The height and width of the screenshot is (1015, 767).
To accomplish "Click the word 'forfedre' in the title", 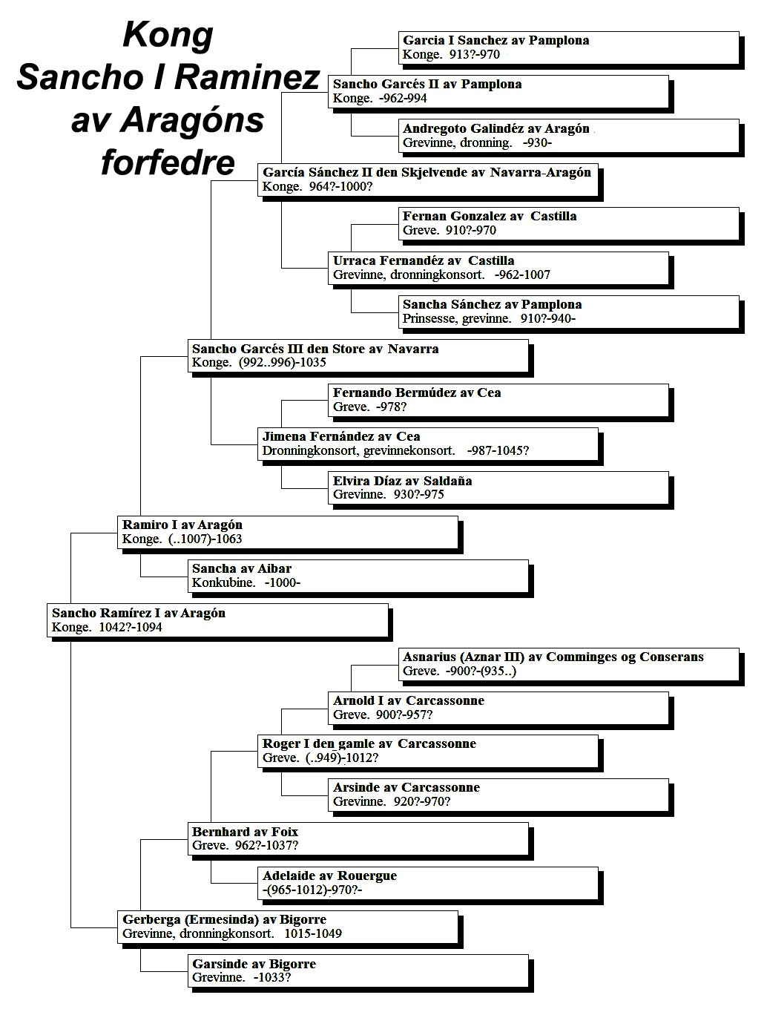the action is pos(168,162).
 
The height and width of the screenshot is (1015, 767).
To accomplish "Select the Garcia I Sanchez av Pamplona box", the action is pos(569,47).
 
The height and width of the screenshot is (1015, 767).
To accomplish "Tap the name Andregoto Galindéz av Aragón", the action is pos(496,128).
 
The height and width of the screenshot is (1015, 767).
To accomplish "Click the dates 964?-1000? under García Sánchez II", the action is pos(340,187).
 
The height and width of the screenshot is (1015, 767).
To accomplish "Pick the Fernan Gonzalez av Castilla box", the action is pos(569,223).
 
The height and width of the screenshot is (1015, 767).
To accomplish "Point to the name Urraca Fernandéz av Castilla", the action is pos(424,261).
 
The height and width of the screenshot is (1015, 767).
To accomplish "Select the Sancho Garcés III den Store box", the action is pos(358,355).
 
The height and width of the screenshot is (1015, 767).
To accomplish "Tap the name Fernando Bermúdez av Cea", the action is pos(417,392).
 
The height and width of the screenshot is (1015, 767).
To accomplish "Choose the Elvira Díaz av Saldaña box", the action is pos(498,488).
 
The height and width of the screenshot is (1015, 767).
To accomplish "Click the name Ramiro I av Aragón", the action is pos(182,525).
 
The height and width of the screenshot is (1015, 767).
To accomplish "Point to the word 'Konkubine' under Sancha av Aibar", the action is pos(223,582).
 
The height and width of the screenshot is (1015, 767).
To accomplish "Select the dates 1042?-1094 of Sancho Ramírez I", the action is pos(131,628).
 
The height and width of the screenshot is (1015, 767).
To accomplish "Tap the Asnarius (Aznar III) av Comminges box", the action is pos(569,664).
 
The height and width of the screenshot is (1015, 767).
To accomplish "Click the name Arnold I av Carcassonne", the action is pos(409,700).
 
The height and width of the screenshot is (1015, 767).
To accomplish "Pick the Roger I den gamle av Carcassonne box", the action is pos(428,752).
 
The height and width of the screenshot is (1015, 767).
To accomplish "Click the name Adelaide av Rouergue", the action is pos(329,876).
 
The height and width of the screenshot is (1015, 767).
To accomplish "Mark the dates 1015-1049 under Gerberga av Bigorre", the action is pos(313,933).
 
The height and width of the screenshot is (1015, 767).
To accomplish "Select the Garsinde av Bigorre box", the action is pos(358,970).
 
